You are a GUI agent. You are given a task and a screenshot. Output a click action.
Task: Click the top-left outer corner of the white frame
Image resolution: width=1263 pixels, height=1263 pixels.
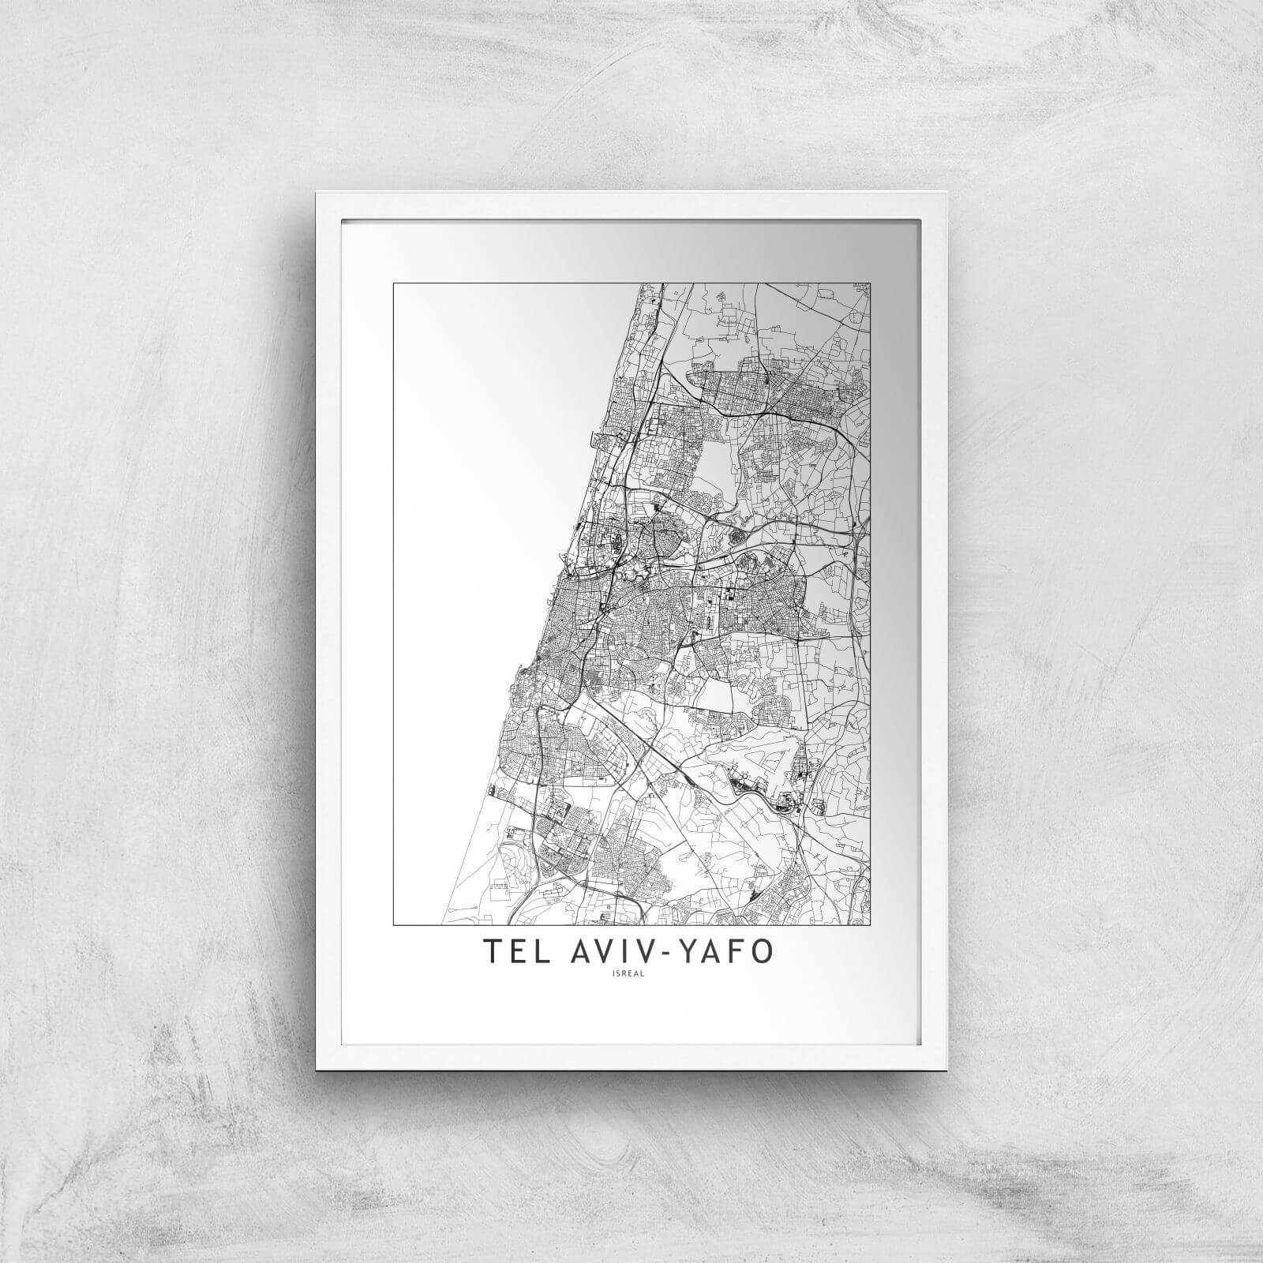point(316,192)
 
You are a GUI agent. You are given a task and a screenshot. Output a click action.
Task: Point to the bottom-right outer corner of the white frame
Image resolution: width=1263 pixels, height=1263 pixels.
point(948,1070)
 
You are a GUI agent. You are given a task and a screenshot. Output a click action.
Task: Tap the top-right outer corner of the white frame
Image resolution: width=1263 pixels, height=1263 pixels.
point(948,192)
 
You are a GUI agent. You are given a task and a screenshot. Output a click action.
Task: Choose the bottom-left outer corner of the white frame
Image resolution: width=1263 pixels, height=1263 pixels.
point(316,1070)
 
